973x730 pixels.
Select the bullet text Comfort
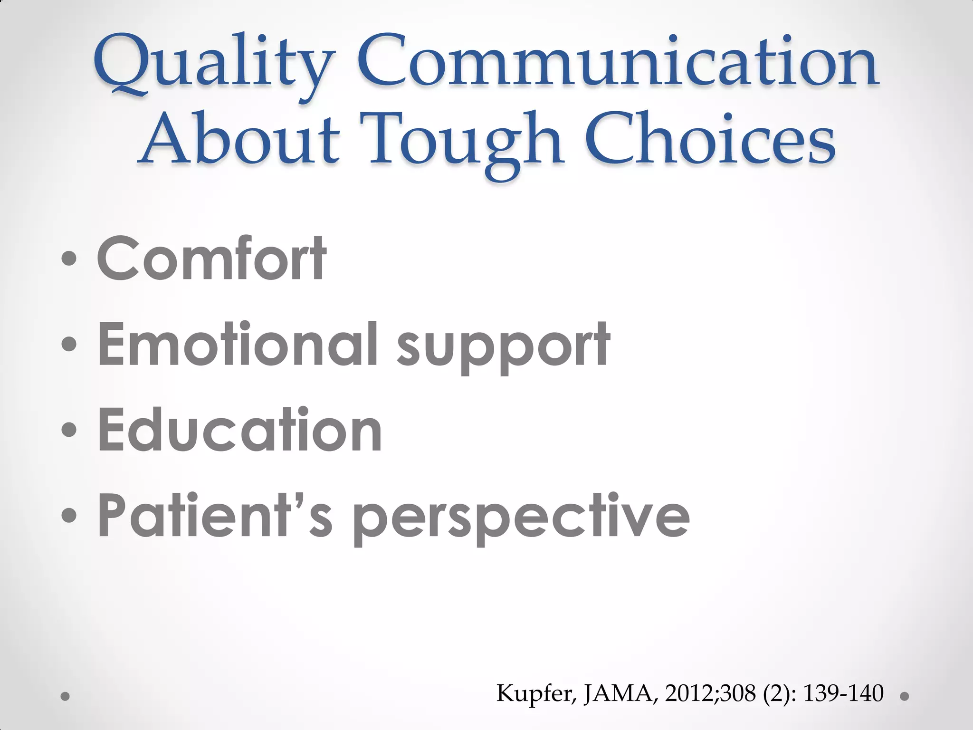(211, 259)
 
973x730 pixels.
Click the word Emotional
(238, 344)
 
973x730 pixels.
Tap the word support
(504, 347)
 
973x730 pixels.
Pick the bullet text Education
(239, 430)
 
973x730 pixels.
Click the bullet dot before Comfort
(69, 259)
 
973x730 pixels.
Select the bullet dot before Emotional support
(69, 344)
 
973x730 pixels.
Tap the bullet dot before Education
(69, 430)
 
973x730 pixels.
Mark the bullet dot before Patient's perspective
(69, 516)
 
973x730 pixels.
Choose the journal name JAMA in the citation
(620, 693)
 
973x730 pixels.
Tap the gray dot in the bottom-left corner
(66, 697)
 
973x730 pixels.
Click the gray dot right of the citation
(905, 697)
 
